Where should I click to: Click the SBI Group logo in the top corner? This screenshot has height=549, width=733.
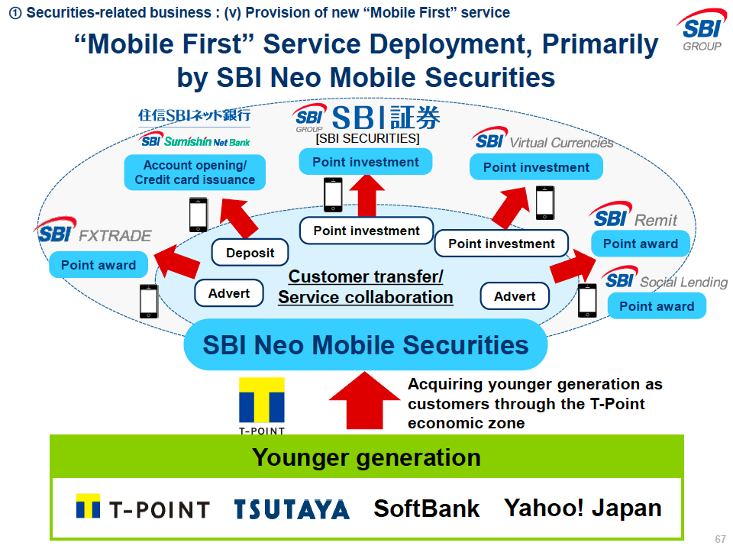701,31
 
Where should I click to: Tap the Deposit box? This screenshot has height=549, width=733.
250,253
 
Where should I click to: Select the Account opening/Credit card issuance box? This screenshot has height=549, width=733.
195,173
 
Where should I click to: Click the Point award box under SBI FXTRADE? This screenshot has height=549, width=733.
98,265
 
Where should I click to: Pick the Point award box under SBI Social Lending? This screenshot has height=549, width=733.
657,306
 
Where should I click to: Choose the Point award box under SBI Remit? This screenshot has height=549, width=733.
641,244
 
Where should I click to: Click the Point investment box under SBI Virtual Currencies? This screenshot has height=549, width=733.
536,167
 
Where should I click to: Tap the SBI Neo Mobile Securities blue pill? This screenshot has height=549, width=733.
366,344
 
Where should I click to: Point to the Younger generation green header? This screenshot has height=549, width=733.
366,457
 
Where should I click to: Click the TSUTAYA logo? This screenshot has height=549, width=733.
292,509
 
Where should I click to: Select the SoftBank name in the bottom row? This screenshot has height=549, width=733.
427,509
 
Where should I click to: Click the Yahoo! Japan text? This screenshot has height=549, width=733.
583,508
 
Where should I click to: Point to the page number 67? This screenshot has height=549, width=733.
720,539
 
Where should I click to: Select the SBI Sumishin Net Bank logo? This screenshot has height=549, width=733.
195,141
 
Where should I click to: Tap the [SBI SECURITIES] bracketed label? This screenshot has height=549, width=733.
367,138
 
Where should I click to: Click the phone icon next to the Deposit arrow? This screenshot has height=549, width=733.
199,215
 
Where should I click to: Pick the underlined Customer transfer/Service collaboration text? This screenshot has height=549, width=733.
366,287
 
